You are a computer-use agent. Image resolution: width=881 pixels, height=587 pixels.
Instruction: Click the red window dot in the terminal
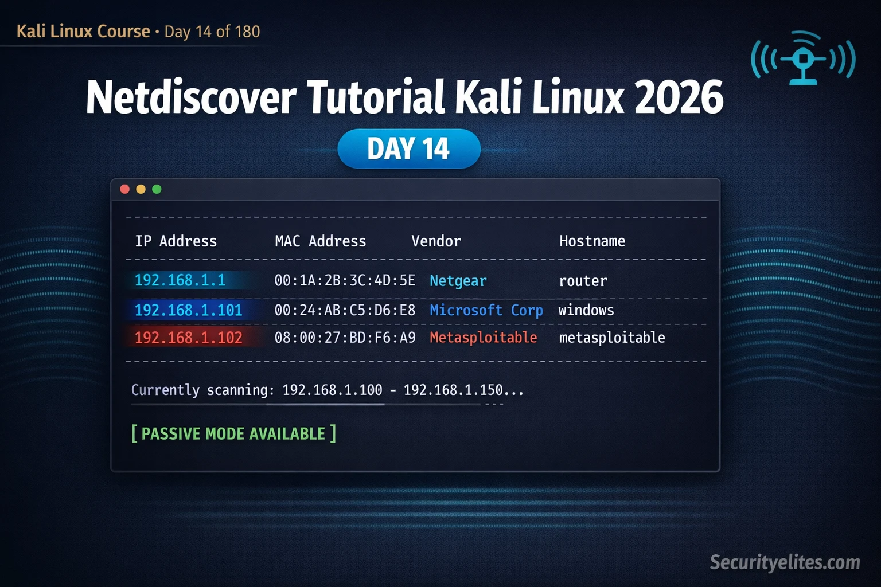coord(124,189)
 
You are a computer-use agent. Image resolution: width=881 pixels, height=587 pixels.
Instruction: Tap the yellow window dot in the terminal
coord(141,189)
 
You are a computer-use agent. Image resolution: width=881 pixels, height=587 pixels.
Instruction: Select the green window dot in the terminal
coord(157,189)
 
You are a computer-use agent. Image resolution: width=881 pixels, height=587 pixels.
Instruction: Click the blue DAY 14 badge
coord(408,148)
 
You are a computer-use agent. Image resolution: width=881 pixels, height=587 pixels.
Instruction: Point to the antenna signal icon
coord(804,58)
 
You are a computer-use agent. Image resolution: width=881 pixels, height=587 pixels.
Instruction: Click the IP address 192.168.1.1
coord(180,280)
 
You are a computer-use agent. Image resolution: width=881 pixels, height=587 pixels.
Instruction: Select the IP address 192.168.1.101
coord(188,310)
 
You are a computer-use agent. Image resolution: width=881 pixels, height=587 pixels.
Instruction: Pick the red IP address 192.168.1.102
coord(188,338)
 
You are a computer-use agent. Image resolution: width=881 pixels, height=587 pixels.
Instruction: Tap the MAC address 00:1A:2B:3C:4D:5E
coord(345,280)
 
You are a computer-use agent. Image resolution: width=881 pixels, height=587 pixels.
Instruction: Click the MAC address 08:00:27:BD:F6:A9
coord(345,338)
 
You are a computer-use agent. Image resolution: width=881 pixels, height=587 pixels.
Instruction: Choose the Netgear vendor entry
coord(458,281)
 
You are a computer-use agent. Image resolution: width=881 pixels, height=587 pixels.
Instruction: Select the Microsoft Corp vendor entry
coord(486,310)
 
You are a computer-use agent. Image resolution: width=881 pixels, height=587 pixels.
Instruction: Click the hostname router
coord(583,281)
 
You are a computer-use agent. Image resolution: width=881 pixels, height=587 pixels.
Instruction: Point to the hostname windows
coord(586,310)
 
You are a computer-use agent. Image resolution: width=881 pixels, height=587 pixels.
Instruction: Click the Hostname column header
coord(592,241)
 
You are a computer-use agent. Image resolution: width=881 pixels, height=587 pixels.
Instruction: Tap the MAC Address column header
coord(320,241)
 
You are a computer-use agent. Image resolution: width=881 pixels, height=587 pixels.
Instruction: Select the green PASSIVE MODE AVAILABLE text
coord(233,433)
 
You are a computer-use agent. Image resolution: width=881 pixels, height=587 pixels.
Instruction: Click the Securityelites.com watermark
coord(785,562)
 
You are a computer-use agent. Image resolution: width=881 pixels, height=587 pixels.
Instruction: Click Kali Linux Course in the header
coord(83,31)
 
